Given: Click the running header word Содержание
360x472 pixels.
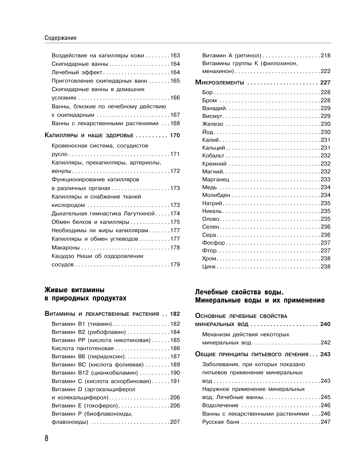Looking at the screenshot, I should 60,38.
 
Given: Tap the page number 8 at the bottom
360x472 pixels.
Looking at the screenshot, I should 46,438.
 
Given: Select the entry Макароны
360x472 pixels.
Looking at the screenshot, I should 65,248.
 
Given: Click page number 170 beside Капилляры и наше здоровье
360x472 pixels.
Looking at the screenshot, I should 175,135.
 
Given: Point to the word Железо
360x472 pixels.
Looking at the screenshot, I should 212,124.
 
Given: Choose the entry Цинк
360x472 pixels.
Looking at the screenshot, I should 209,267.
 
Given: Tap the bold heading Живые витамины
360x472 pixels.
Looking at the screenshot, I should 74,290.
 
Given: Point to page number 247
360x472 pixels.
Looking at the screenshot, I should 326,422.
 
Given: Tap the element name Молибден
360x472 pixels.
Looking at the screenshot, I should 216,195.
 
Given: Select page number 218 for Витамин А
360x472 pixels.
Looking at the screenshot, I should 326,55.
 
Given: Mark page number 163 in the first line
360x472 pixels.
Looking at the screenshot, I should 175,55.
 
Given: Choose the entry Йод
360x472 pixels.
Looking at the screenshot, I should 208,132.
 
